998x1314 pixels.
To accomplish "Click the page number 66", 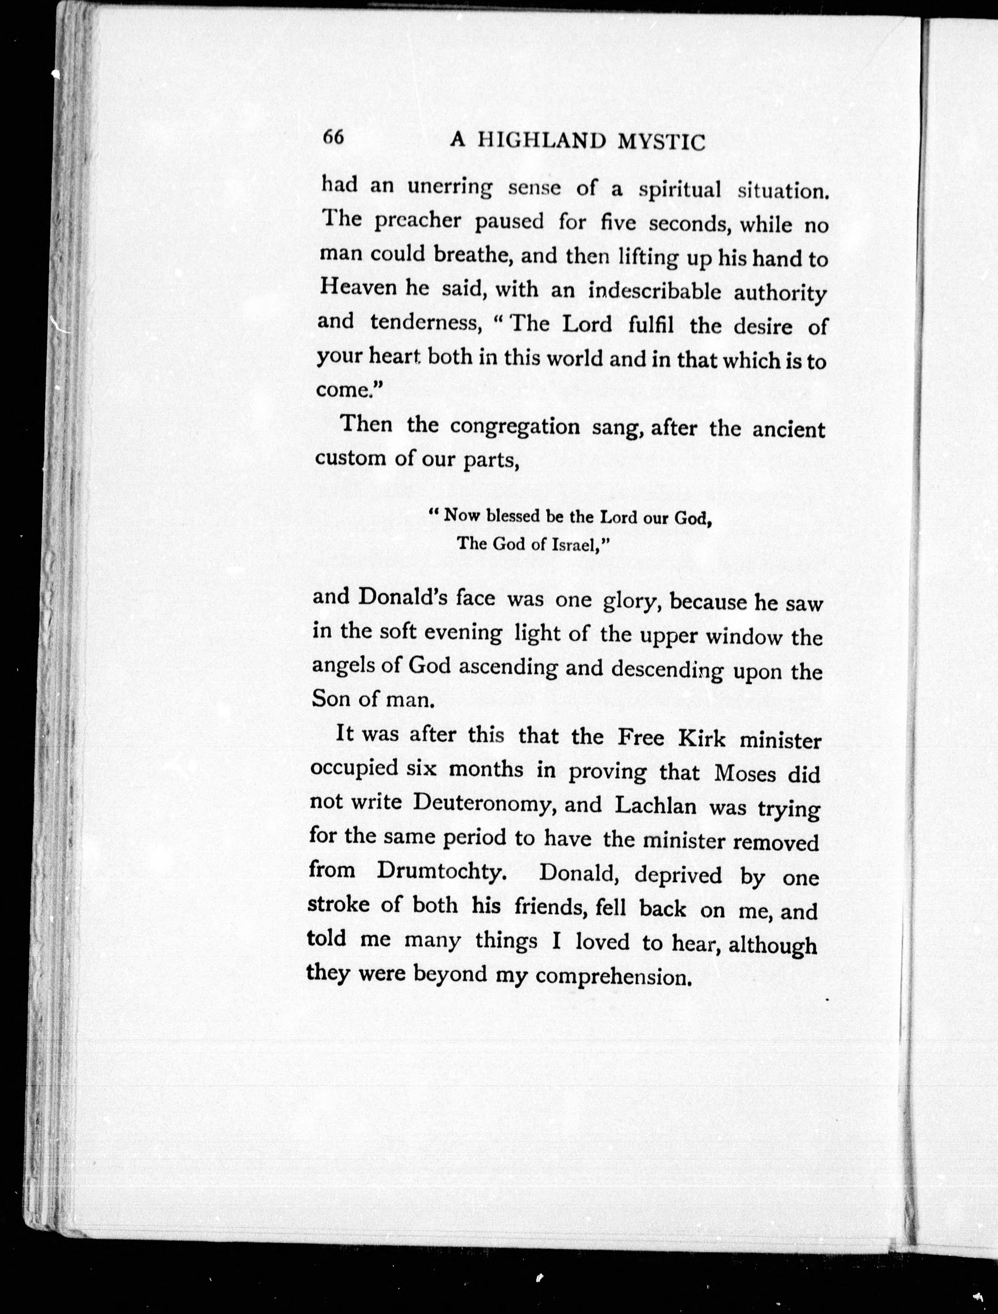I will coord(333,137).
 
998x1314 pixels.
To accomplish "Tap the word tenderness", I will coord(425,323).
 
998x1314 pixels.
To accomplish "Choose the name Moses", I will coord(745,773).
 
